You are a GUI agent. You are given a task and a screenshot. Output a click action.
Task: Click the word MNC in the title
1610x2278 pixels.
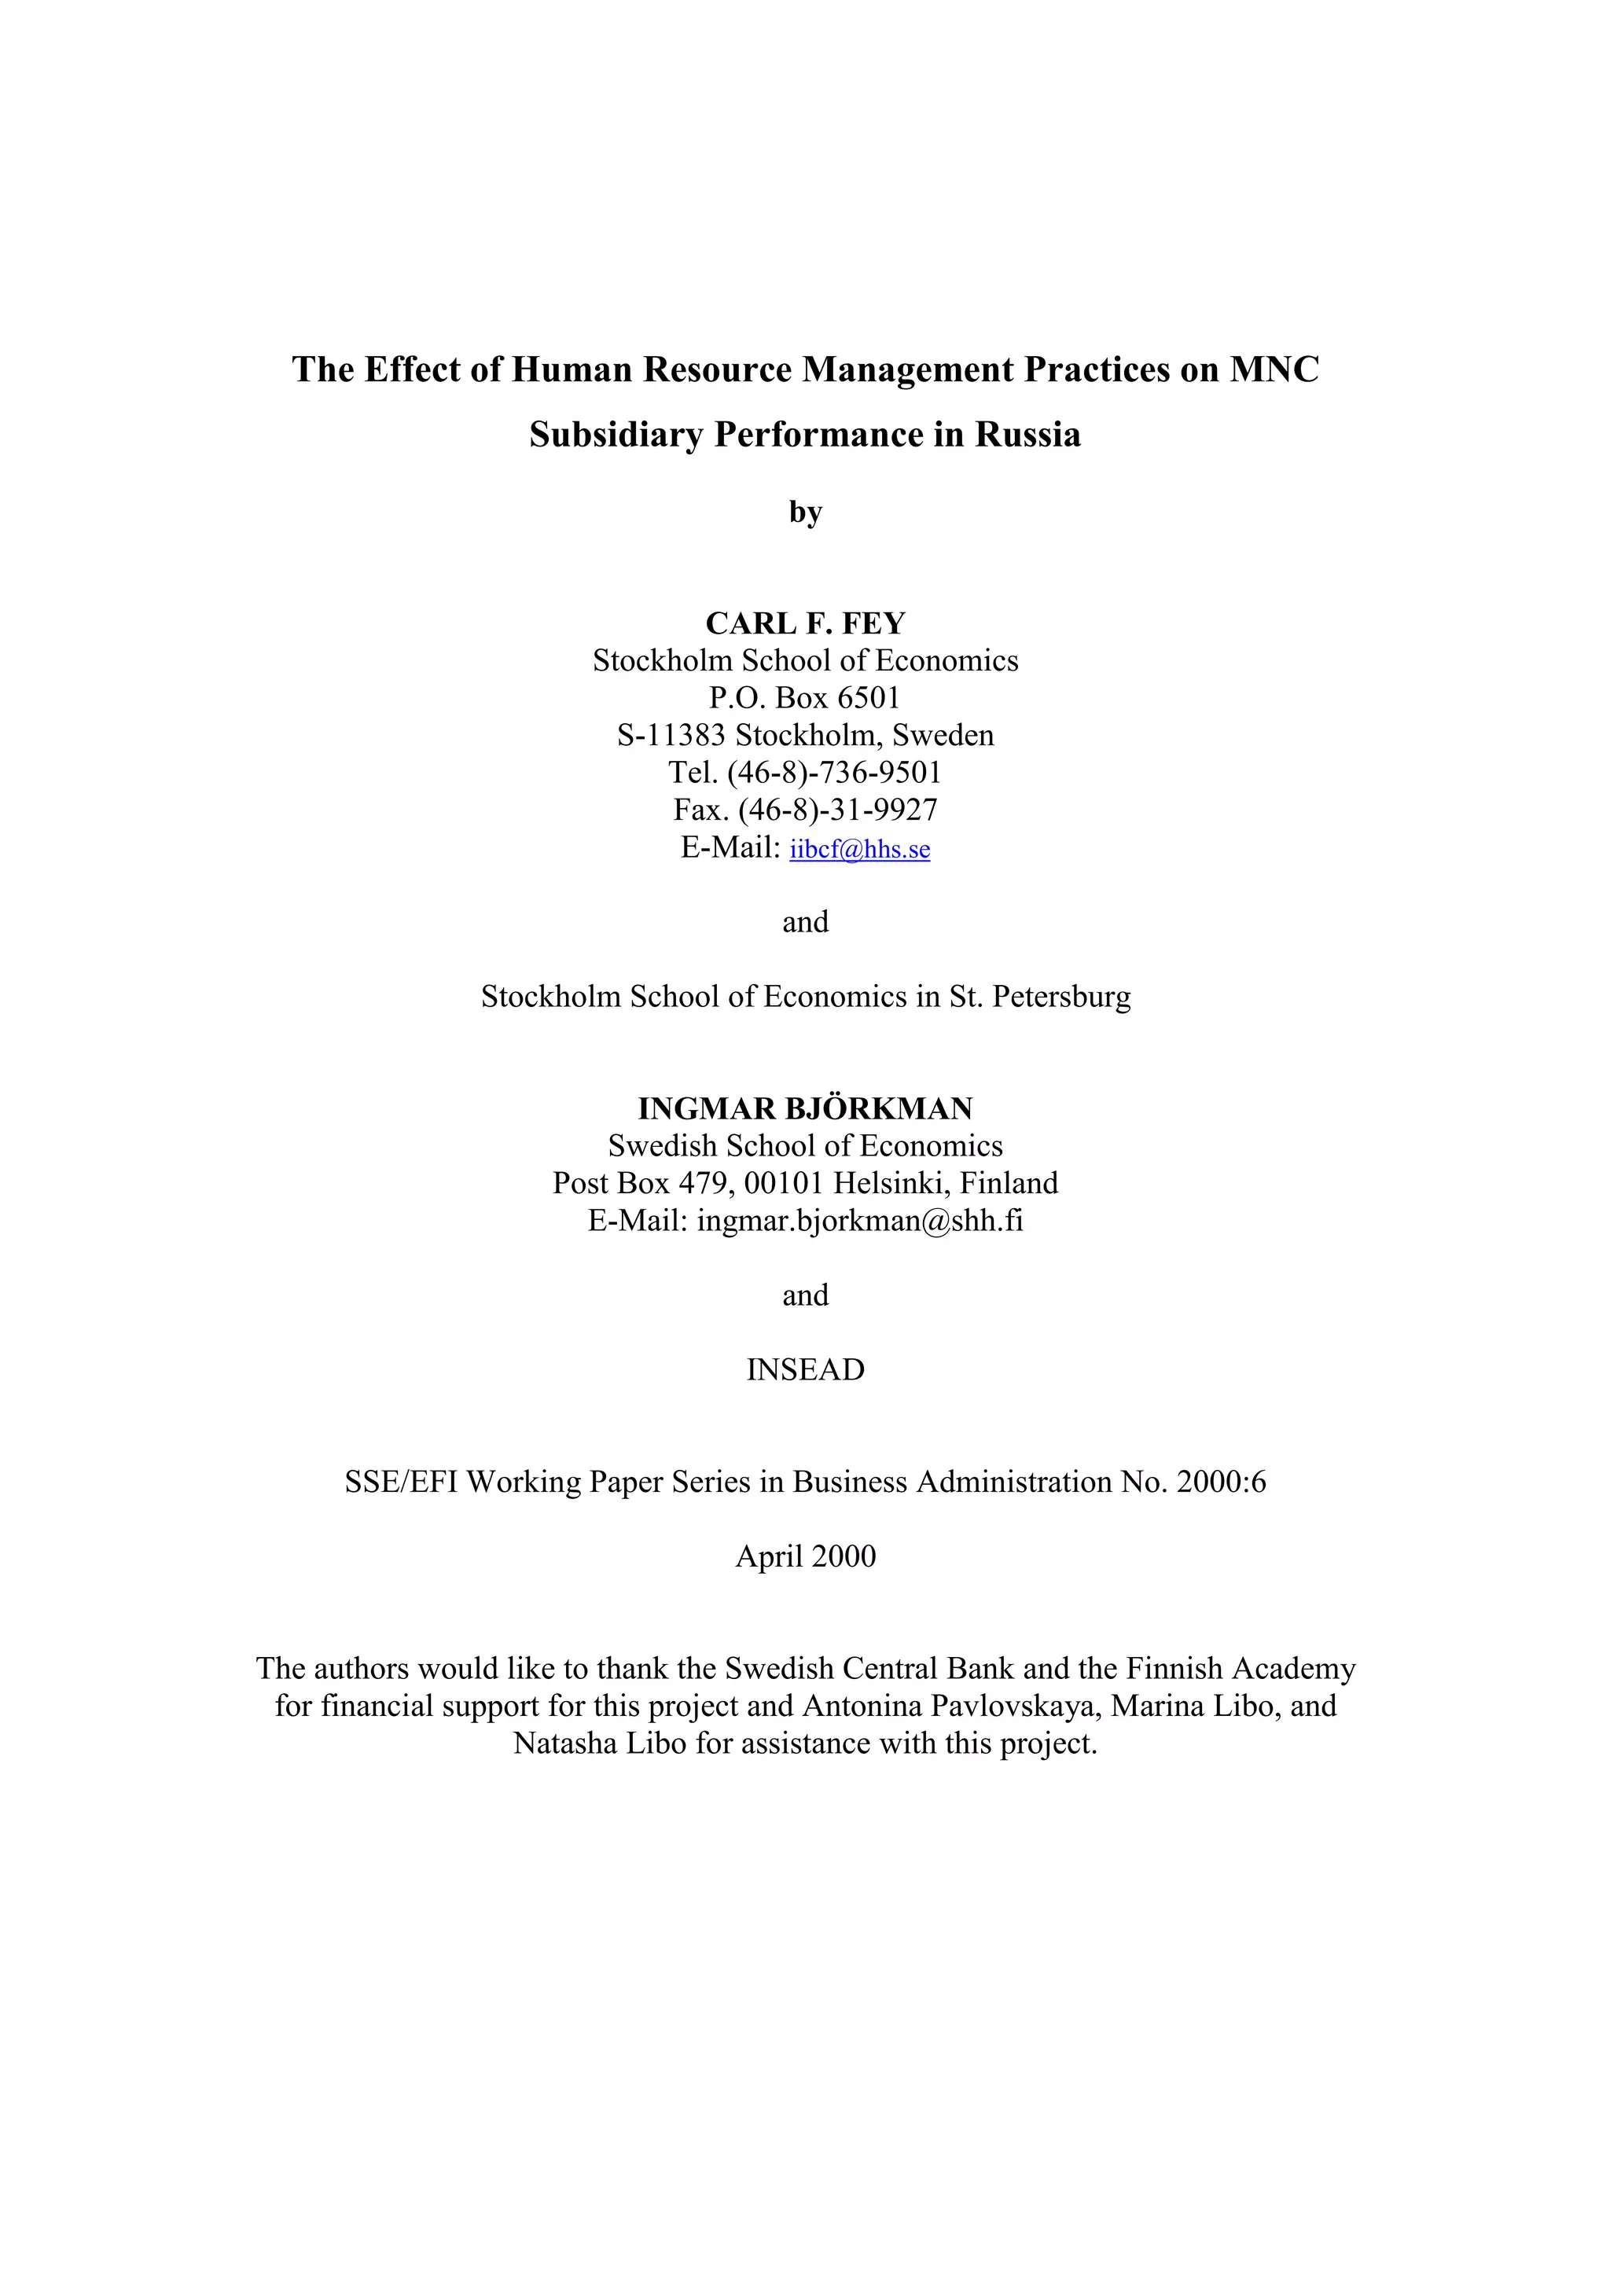[1274, 369]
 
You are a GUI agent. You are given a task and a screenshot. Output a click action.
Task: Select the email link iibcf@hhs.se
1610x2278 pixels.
[859, 848]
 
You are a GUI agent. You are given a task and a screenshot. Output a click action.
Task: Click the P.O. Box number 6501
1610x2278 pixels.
[868, 697]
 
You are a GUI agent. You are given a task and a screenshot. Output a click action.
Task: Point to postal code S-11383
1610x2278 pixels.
[671, 735]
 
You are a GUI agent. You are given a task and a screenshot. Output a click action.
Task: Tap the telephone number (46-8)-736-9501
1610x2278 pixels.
[833, 772]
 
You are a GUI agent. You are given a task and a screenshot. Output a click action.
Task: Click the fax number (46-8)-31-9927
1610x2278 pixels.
[837, 810]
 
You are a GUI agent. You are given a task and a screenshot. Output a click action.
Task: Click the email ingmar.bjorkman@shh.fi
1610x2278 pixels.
[859, 1220]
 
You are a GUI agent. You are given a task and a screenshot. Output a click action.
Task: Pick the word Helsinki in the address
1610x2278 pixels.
[888, 1183]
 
